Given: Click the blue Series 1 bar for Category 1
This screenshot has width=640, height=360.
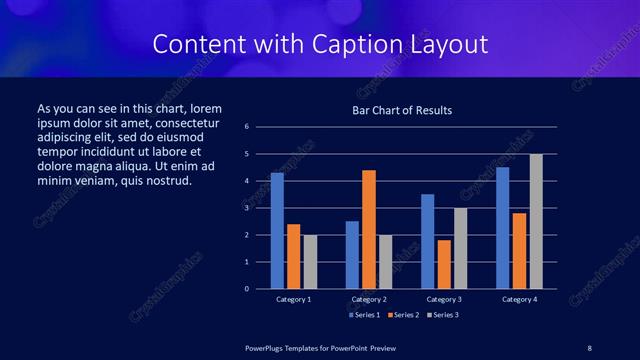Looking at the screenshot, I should click(x=277, y=231).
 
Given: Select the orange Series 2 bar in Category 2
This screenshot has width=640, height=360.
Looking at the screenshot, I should click(x=368, y=229).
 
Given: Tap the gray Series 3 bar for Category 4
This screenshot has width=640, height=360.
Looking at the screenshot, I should click(x=536, y=221).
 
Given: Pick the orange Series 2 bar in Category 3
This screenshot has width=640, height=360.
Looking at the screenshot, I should click(x=444, y=264).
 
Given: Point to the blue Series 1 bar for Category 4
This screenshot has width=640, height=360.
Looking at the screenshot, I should click(x=502, y=228).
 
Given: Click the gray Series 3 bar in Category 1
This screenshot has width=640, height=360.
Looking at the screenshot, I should click(x=310, y=262).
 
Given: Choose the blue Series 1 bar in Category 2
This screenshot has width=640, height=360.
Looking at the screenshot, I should click(x=352, y=255).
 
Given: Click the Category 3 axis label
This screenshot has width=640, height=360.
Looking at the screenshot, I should click(x=444, y=299).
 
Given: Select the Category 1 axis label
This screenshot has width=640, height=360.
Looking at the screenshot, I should click(x=293, y=299).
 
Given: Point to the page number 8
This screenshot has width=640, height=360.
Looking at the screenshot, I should click(x=589, y=347).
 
